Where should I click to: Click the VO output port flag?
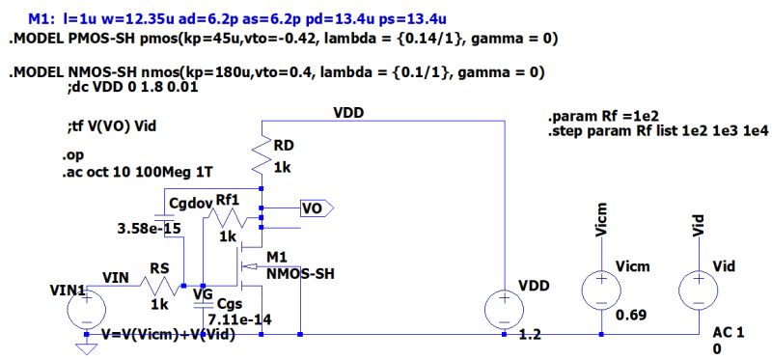point(315,208)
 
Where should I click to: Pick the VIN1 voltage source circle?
point(86,308)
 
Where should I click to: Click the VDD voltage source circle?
point(504,308)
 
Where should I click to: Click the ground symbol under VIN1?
point(86,346)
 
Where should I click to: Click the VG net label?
point(204,295)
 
